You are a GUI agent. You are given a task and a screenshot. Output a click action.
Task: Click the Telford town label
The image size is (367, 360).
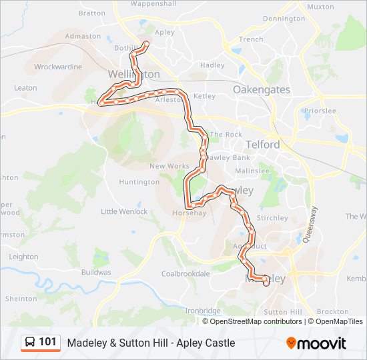[x=262, y=143]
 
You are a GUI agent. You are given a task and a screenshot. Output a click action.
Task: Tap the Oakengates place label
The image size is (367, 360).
[x=261, y=89]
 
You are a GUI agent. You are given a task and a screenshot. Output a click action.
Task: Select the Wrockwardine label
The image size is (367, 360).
[x=58, y=67]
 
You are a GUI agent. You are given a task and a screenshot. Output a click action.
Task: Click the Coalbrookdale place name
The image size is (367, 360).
[x=186, y=273]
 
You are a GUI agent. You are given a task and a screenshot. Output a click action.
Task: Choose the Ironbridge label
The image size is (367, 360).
[x=202, y=311]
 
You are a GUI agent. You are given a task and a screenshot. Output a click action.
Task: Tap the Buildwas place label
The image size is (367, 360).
[x=96, y=273]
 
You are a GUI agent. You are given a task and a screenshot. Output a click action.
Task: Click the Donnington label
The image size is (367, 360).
[x=284, y=19]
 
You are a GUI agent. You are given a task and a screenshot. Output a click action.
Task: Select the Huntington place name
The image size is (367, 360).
[x=139, y=182]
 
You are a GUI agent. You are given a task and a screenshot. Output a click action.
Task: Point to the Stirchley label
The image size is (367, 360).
[x=272, y=218]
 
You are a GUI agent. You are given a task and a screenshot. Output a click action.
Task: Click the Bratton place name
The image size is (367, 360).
[x=92, y=13]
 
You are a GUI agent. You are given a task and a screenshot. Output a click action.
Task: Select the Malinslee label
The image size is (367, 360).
[x=251, y=171]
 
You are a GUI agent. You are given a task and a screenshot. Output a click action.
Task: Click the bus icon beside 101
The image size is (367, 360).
[x=30, y=343]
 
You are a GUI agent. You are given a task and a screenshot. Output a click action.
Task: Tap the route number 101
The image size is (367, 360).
[x=47, y=343]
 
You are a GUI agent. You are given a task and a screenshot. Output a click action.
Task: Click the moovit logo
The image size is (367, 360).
[x=316, y=343]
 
